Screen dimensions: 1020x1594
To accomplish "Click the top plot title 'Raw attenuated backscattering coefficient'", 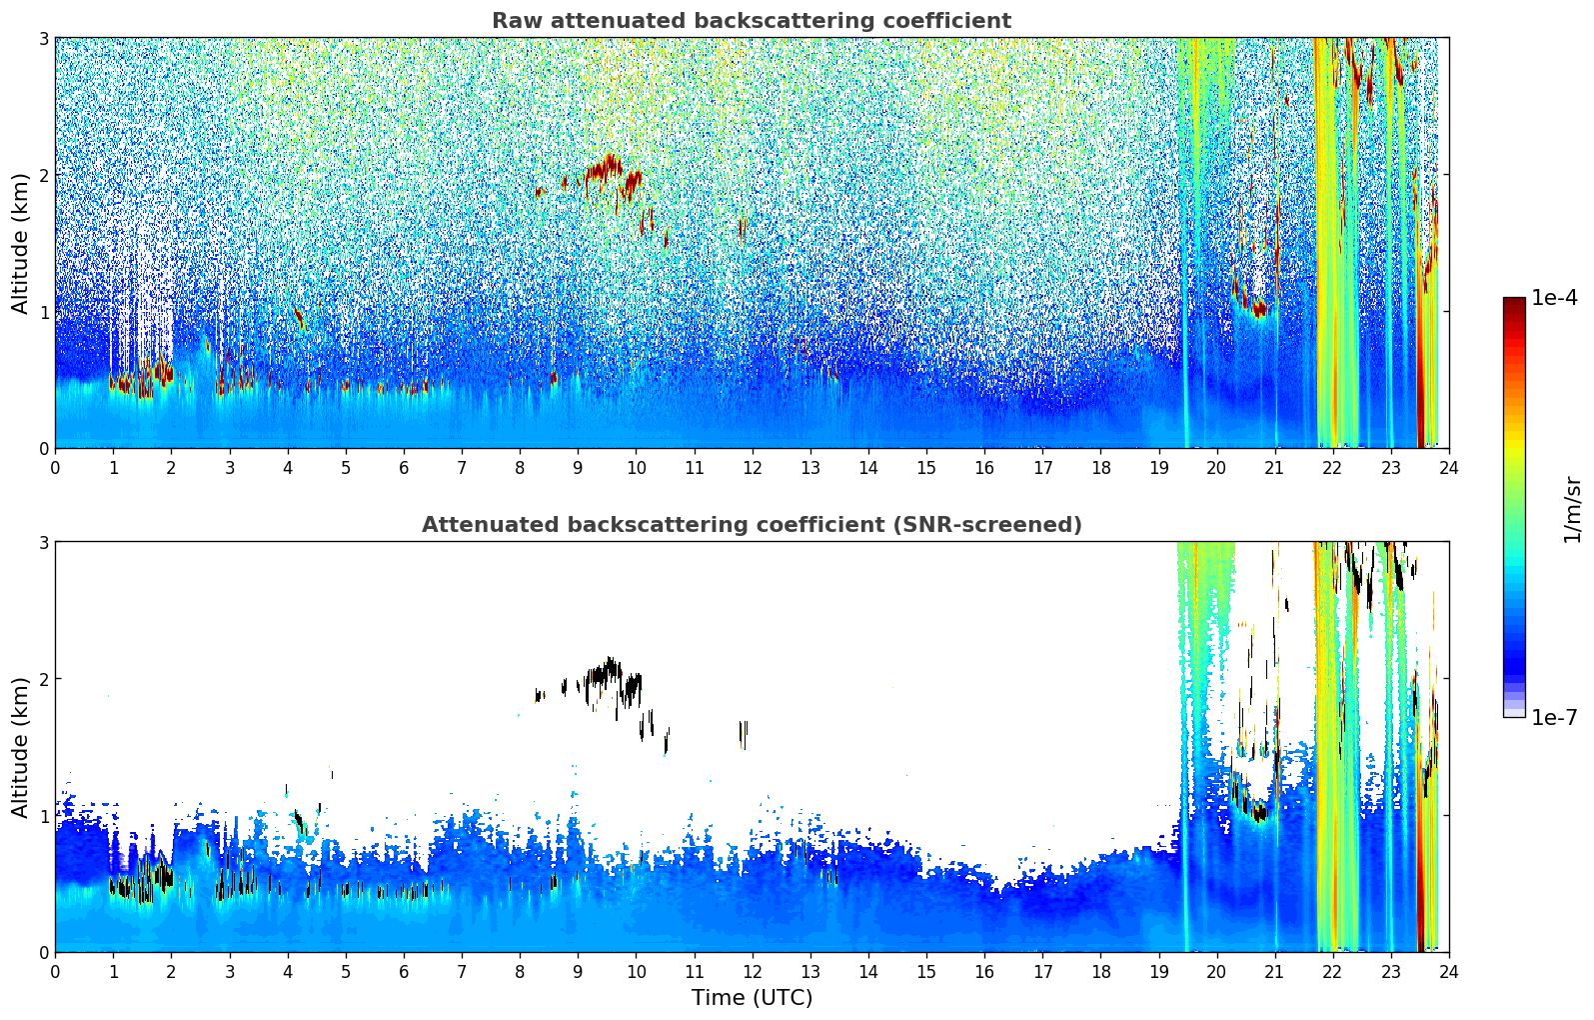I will click(751, 21).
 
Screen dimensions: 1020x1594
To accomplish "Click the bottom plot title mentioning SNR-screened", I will click(751, 525).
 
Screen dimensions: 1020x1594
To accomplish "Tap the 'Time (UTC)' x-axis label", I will click(752, 997).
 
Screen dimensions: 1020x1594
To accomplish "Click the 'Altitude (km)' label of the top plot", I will click(21, 243).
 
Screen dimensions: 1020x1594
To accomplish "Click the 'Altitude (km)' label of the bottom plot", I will click(21, 747).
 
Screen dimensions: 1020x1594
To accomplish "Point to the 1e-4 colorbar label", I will click(1554, 298).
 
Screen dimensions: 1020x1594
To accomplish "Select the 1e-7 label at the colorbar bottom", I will click(1554, 717).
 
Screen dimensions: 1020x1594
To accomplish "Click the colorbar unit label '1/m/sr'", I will click(1572, 509).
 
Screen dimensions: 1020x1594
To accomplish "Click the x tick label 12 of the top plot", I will click(752, 467).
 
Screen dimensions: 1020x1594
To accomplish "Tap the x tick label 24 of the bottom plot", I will click(1448, 971).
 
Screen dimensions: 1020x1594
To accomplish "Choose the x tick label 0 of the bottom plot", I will click(55, 971).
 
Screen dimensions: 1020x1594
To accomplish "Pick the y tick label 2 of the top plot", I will click(43, 175).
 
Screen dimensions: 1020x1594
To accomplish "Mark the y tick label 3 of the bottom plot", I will click(43, 542).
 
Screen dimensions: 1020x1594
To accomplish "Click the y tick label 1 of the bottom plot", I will click(43, 816).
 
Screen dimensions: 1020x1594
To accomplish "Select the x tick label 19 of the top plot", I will click(1158, 467).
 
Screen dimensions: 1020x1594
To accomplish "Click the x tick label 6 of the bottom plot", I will click(404, 971).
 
